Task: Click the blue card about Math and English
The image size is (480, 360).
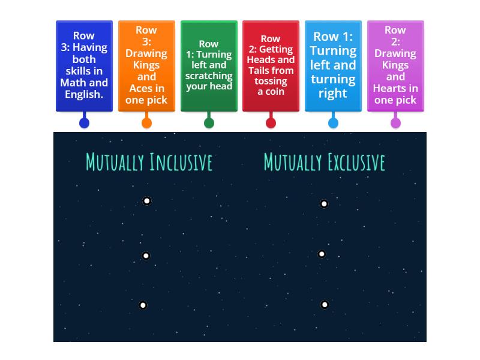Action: [x=84, y=66]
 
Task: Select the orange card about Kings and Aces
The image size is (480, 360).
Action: [x=146, y=66]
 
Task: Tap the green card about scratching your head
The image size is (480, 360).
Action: [x=209, y=66]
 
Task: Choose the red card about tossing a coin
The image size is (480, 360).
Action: [x=271, y=66]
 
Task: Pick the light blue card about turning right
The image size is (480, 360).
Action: [x=333, y=66]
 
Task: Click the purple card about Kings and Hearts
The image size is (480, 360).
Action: [x=395, y=66]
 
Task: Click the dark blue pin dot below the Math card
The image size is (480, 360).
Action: [x=84, y=123]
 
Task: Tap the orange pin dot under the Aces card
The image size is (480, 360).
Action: [x=146, y=123]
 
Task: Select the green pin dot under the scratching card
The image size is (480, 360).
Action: [x=209, y=123]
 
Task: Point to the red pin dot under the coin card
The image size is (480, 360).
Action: [x=271, y=123]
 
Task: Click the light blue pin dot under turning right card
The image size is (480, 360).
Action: [x=333, y=123]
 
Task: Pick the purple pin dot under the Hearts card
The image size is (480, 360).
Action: [x=395, y=123]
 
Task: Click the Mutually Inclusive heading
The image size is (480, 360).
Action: [x=149, y=162]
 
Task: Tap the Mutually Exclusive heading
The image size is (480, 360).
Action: [x=324, y=162]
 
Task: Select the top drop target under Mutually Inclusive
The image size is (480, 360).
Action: [x=146, y=201]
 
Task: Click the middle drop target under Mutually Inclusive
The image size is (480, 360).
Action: [x=145, y=256]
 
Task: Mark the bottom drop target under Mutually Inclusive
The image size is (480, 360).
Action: [x=143, y=305]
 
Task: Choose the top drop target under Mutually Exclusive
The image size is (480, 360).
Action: [x=324, y=204]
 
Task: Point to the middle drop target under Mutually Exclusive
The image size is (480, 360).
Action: [x=322, y=254]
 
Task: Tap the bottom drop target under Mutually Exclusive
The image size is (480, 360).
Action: [x=325, y=305]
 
